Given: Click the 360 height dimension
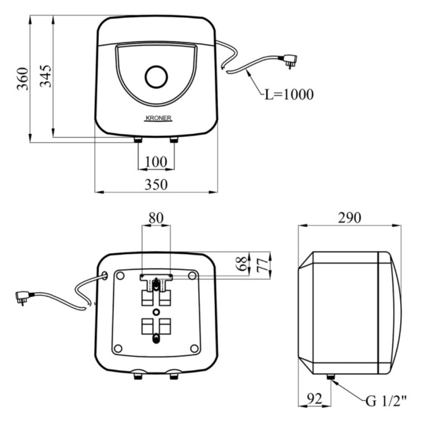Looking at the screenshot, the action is coord(23,79).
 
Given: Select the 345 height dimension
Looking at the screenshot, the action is coord(45,76).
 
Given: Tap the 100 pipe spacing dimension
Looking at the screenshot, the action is coord(156,162).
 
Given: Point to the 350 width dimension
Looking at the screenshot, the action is coord(156,184).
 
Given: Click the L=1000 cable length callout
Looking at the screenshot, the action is coord(289,94).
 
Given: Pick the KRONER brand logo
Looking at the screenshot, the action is coord(158,118).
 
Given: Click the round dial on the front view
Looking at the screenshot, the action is coord(156,77).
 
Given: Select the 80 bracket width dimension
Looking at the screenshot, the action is coord(156,218).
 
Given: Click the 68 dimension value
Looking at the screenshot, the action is coord(242,264).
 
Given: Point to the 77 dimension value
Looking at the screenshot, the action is coord(263,265).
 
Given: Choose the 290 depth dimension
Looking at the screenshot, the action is coord(349,218).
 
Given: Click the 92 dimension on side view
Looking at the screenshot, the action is coord(314,399).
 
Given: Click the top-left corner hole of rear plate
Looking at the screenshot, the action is coord(120,275).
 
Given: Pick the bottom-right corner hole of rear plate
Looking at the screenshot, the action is coord(194,349).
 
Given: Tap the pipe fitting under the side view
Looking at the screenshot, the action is coord(330,377).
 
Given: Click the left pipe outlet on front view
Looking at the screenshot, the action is coord(138,140).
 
